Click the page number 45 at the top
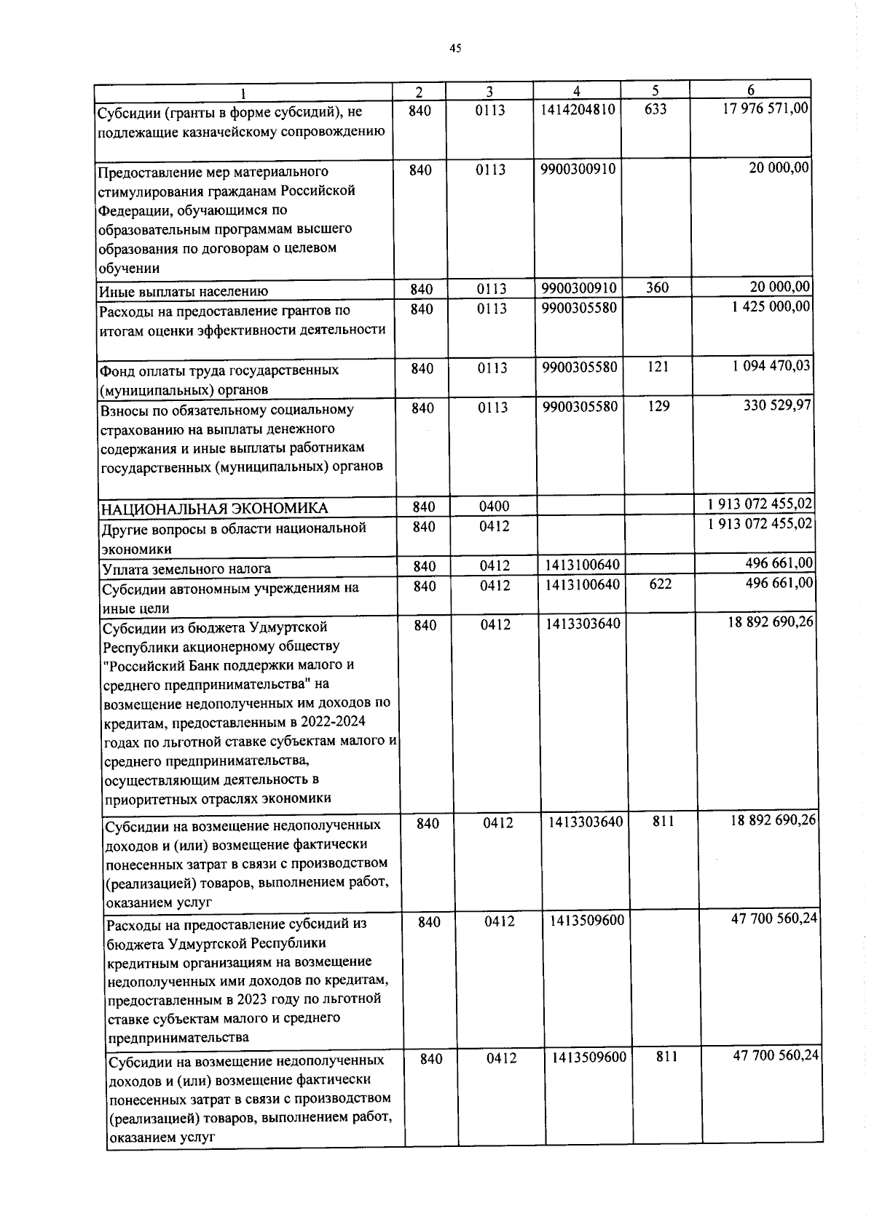tap(455, 49)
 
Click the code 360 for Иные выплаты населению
tap(657, 287)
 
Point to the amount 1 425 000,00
tap(771, 306)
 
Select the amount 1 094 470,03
tap(771, 365)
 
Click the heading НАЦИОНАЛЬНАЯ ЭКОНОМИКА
tap(214, 508)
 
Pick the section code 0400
tap(494, 507)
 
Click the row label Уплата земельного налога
tap(186, 568)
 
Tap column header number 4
tap(576, 91)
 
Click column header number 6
tap(750, 90)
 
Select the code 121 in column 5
tap(658, 367)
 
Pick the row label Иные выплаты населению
tap(184, 291)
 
